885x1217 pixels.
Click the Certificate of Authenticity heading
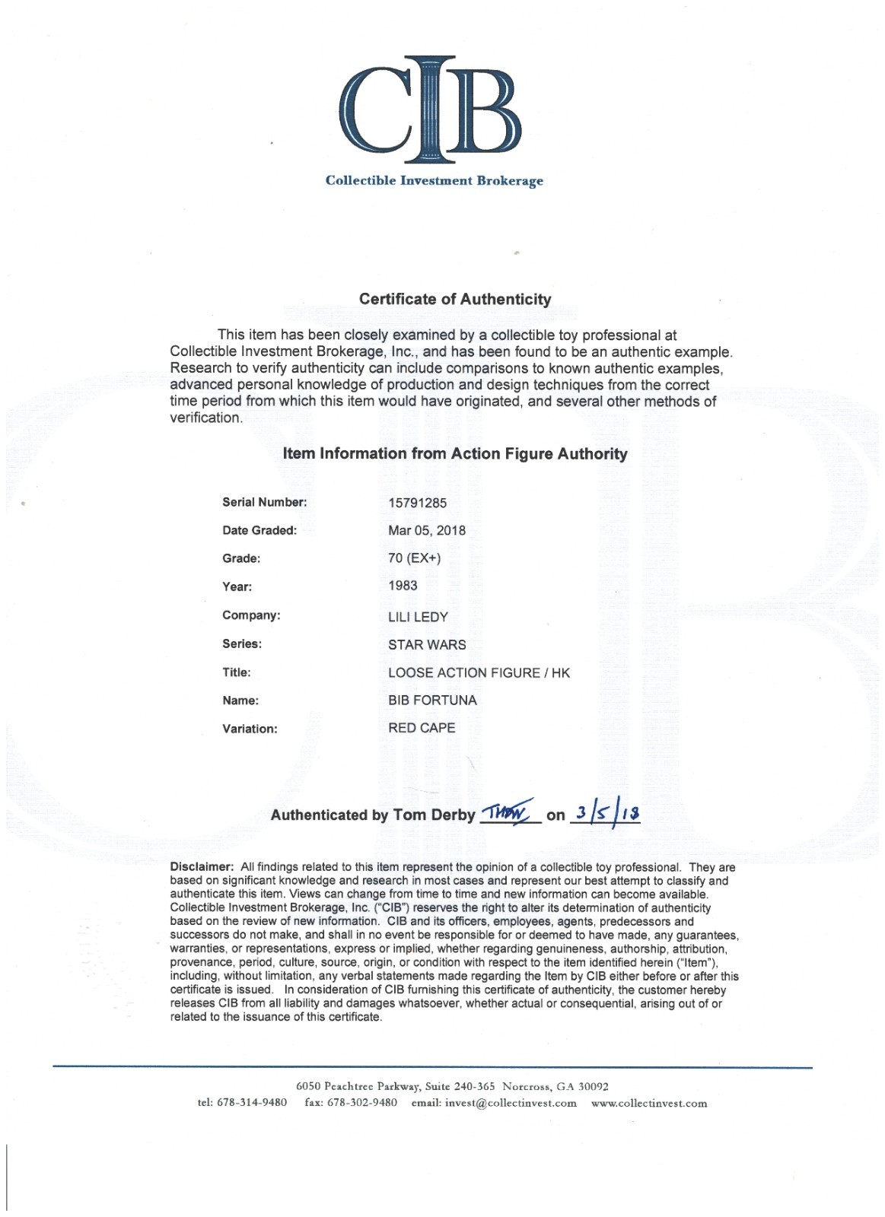455,299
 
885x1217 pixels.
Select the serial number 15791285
418,503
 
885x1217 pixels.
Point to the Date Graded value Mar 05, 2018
427,530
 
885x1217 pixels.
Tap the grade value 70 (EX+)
414,558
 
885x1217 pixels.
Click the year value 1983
403,586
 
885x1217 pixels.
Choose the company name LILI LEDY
418,616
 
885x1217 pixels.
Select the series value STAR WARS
427,644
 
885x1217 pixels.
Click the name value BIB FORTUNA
432,700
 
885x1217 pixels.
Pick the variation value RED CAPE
422,728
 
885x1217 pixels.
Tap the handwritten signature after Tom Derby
510,812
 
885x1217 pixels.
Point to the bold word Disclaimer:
202,867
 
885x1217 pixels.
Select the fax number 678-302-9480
361,1103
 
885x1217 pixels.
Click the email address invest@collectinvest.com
511,1103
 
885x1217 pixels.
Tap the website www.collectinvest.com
649,1103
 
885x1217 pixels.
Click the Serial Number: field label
264,503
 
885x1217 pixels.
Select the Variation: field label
250,729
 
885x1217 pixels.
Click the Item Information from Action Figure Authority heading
455,454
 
